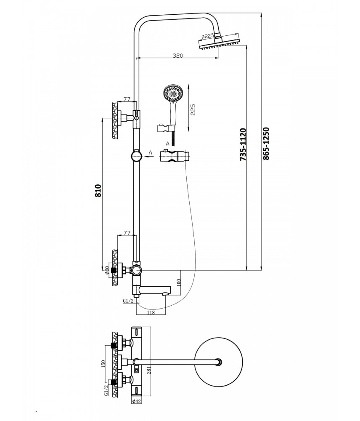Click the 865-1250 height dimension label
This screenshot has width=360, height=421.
click(265, 143)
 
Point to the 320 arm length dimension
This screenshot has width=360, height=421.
click(177, 55)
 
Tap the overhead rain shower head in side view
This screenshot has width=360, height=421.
click(218, 44)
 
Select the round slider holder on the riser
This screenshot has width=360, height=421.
click(137, 156)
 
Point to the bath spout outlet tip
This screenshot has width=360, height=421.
click(168, 291)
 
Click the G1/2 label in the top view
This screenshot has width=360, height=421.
click(105, 387)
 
